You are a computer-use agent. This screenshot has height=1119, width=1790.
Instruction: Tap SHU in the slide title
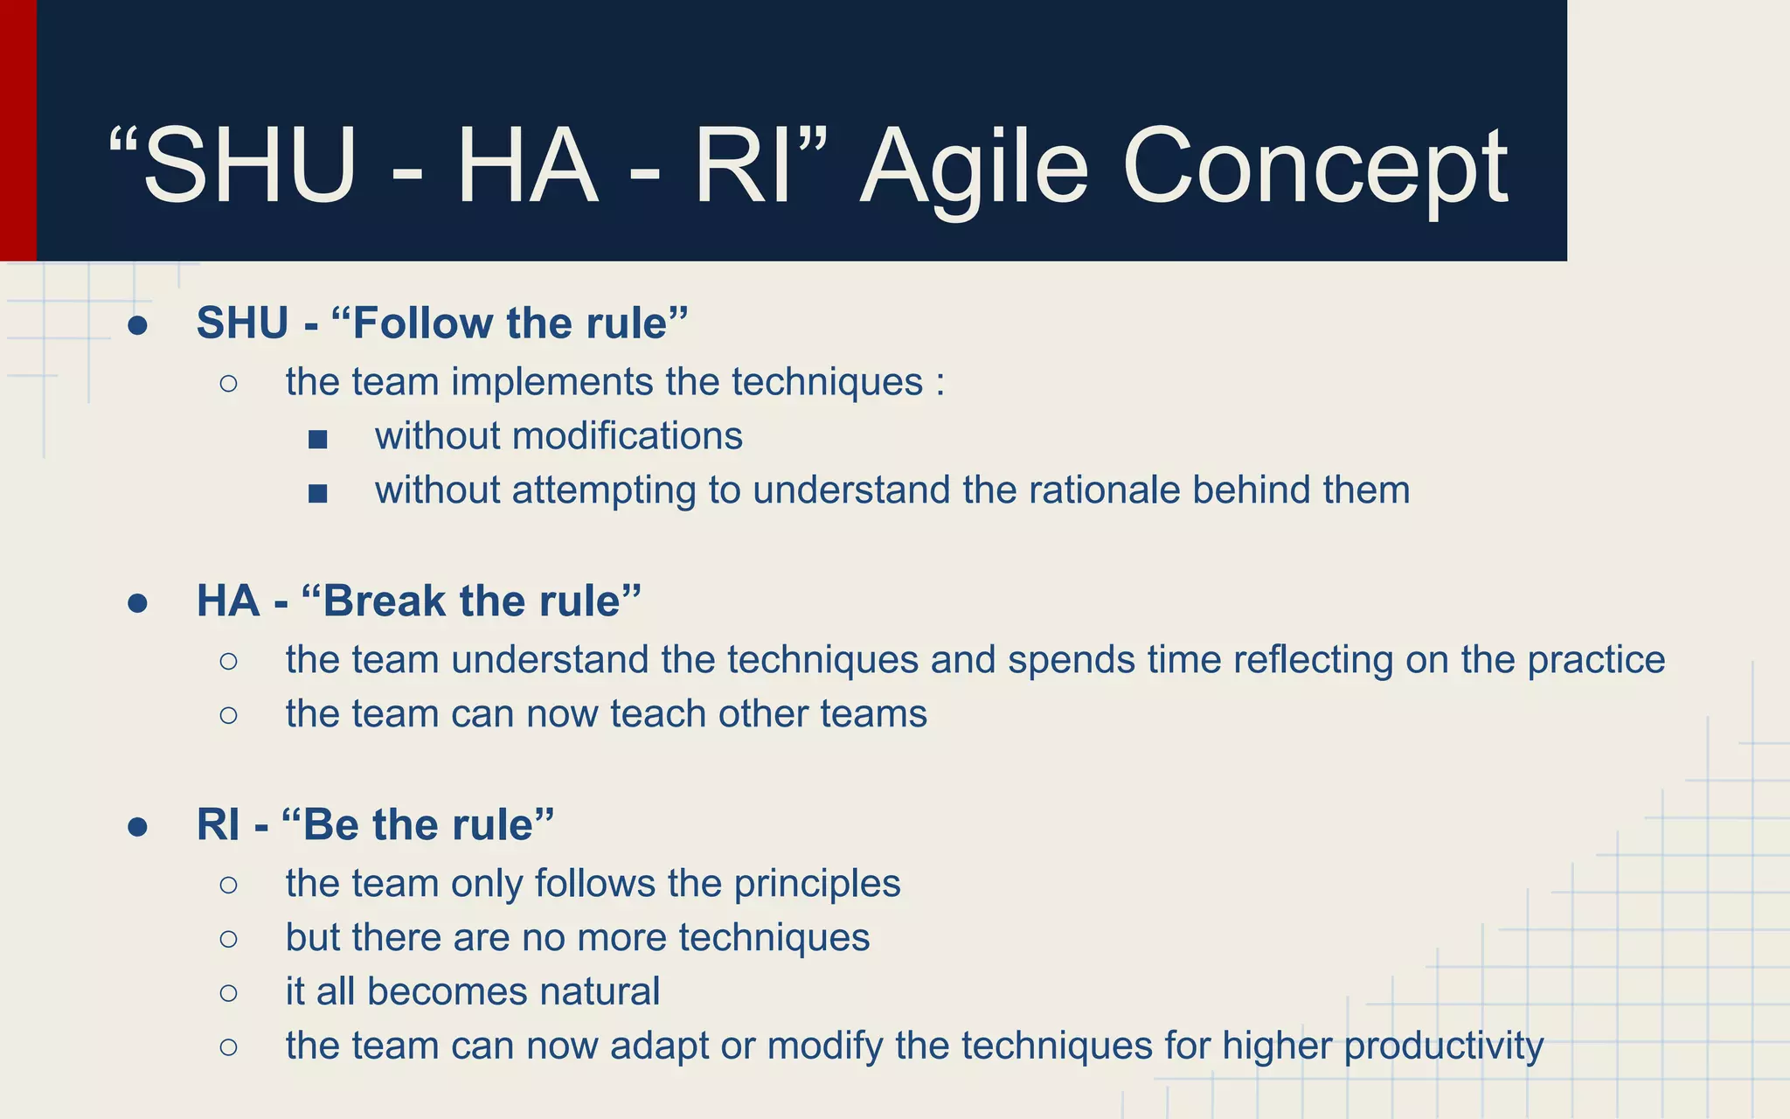249,166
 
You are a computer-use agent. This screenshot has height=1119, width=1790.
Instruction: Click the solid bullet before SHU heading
137,325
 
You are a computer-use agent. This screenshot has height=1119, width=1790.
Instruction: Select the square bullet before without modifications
318,439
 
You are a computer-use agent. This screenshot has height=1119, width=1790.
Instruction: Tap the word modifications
627,435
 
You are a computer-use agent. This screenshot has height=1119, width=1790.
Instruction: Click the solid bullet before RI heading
137,827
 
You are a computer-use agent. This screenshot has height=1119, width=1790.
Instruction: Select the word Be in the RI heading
330,824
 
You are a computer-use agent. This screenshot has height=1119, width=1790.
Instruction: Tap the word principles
816,883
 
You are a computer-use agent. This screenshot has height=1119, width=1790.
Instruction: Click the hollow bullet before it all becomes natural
229,992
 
